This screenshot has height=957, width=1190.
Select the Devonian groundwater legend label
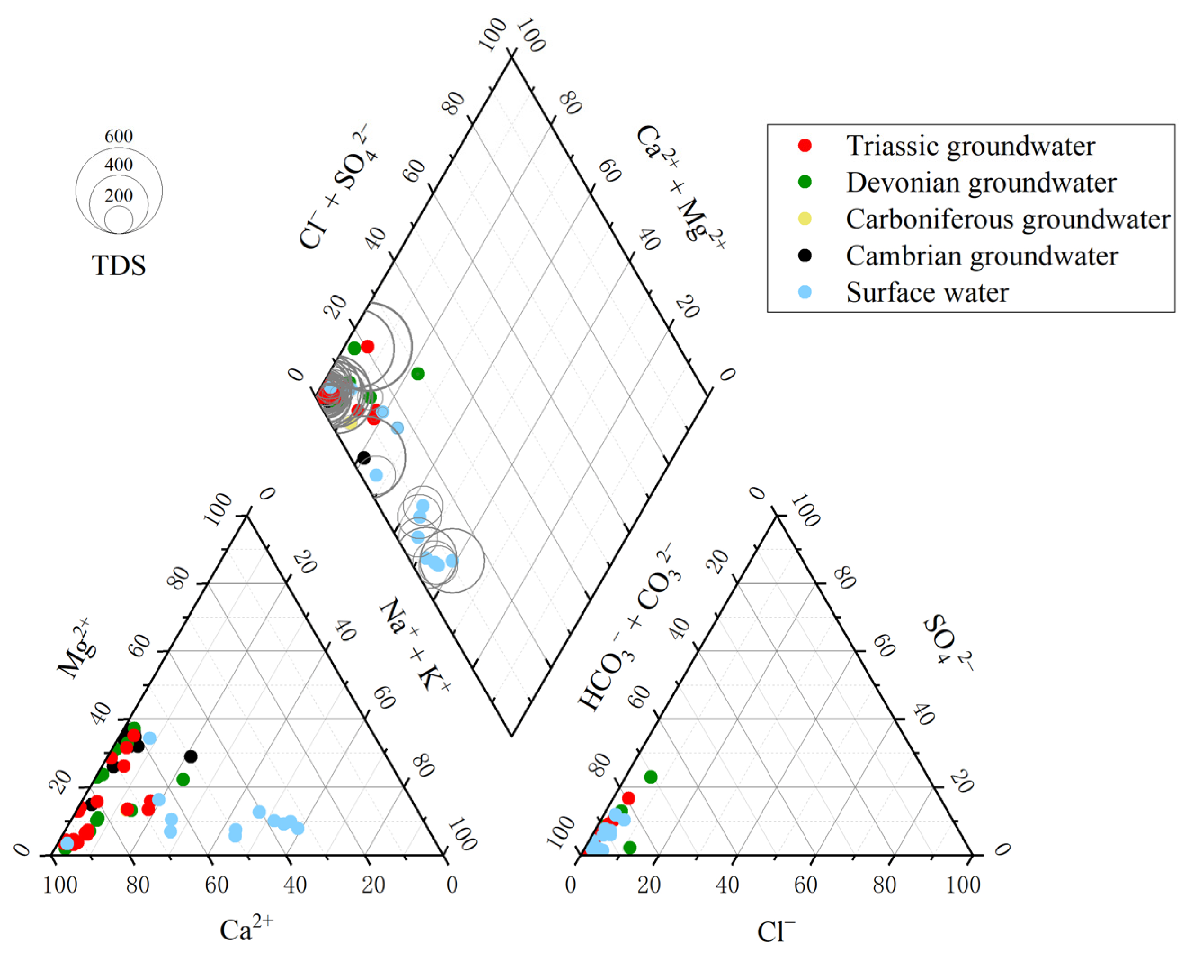(x=981, y=183)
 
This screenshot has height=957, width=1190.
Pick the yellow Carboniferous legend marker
(x=805, y=219)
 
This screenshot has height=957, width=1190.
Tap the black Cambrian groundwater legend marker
(x=805, y=255)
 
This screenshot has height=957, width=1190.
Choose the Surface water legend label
(x=927, y=292)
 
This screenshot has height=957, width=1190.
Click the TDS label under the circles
(x=119, y=265)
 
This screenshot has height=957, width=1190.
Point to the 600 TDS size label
(x=119, y=136)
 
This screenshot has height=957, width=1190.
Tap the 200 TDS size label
(x=119, y=195)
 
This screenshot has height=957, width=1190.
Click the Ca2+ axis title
(x=246, y=930)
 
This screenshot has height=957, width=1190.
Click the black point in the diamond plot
(x=364, y=458)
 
